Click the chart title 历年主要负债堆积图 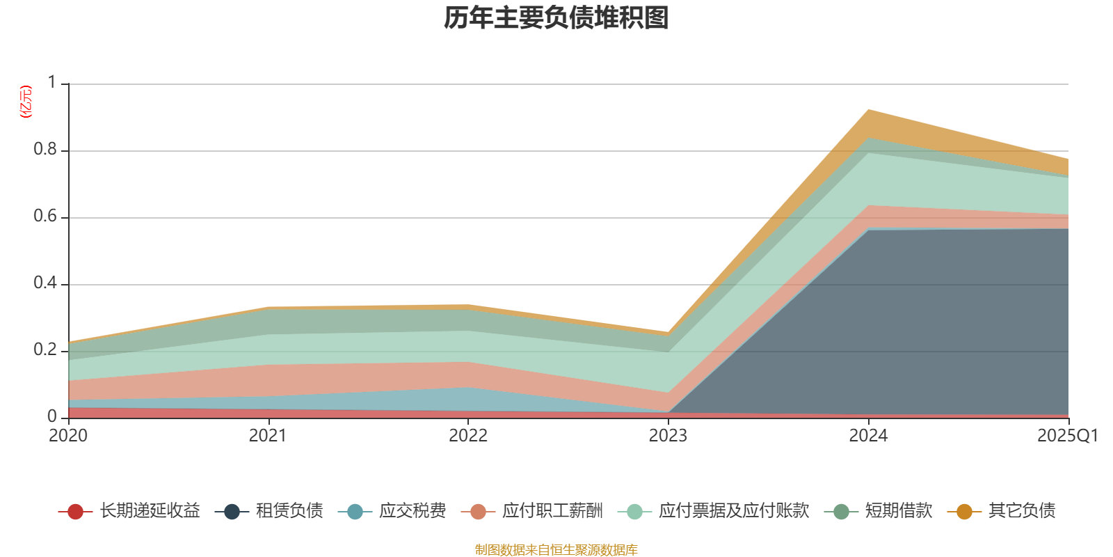point(556,18)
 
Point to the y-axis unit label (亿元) point(26,102)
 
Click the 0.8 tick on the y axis point(45,150)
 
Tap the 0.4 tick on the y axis point(45,283)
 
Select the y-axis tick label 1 point(51,83)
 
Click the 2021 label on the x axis point(268,436)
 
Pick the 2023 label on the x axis point(668,436)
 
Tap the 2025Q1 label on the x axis point(1067,436)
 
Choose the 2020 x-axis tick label point(68,436)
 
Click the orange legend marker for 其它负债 point(964,512)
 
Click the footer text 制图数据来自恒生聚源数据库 point(556,550)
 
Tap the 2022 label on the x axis point(467,436)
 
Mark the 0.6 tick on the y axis point(45,217)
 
